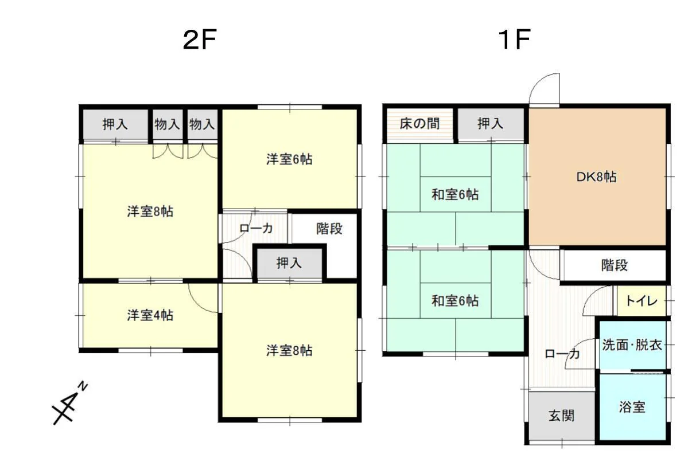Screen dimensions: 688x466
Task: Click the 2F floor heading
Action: click(200, 40)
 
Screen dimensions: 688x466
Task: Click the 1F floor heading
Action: click(514, 40)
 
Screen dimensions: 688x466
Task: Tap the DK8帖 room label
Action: click(596, 177)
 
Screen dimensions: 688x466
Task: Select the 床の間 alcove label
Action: click(419, 124)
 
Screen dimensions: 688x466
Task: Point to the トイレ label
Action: click(642, 301)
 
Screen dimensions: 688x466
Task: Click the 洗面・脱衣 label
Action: click(632, 345)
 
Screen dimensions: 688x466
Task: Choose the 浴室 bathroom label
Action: click(632, 408)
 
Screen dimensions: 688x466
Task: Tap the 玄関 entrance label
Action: click(562, 416)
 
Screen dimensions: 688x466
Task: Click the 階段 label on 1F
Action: click(615, 265)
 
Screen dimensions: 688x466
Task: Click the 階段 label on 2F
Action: click(329, 228)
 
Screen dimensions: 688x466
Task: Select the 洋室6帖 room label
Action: click(289, 159)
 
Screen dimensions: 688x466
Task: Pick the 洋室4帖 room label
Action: click(150, 315)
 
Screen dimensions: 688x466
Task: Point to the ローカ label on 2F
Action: click(256, 228)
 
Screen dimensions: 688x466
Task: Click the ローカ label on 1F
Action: click(562, 354)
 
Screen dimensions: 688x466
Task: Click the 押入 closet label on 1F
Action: click(490, 124)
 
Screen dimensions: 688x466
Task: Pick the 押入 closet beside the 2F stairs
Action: click(289, 263)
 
